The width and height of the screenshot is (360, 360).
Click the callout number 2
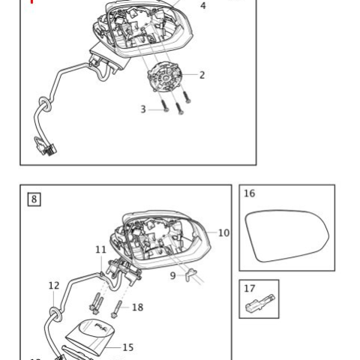pos(202,75)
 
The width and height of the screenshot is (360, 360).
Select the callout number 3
pos(143,109)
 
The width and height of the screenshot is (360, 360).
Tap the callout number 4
pos(203,5)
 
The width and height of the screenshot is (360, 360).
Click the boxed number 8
pos(34,199)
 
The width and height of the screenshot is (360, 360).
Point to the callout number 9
pos(172,276)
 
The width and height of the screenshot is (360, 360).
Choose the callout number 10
pos(223,233)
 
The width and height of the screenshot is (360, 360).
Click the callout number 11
pos(100,250)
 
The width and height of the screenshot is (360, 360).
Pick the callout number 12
pos(54,286)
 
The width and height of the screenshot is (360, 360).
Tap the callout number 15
pos(128,347)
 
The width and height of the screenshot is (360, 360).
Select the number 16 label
pos(249,193)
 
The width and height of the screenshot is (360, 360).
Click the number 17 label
pos(249,289)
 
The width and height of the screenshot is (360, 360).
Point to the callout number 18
pos(137,307)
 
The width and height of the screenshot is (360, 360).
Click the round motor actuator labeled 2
pos(164,77)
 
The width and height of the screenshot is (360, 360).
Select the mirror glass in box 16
pos(286,235)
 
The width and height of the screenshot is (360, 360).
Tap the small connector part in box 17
pos(260,303)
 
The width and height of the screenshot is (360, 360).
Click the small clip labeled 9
pos(190,274)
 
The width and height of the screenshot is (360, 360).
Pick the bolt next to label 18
pos(117,310)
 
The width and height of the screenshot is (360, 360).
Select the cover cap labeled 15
pos(91,336)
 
